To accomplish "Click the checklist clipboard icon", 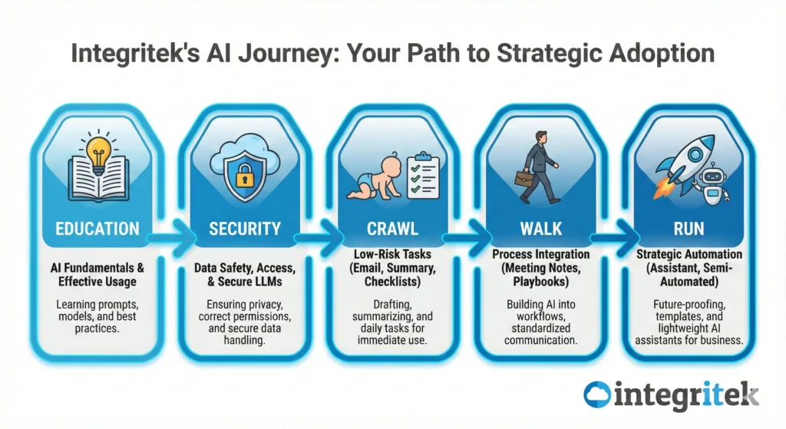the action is tap(423, 176).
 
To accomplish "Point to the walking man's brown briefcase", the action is tap(523, 178).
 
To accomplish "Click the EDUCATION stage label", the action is tap(97, 229).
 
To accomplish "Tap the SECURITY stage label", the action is tap(245, 229).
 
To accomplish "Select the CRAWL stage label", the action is tap(392, 229).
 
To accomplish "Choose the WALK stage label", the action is tap(541, 229).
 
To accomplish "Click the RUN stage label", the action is tap(689, 229).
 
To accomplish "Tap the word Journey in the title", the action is tap(284, 54).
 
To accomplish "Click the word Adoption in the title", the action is tap(662, 54).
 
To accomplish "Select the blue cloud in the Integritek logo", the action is tap(597, 394).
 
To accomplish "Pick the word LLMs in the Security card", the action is tap(268, 282).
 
